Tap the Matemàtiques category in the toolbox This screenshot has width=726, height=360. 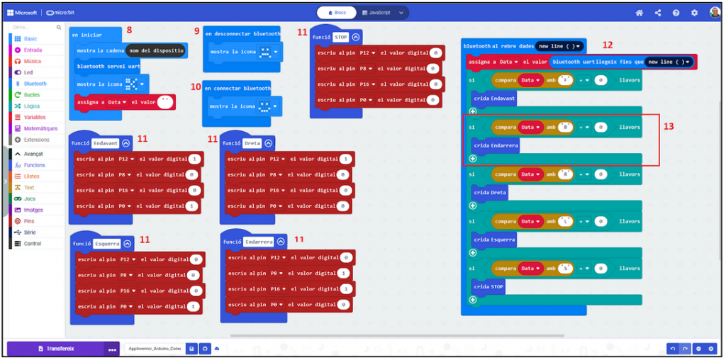pyautogui.click(x=40, y=128)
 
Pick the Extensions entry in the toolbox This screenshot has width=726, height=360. pyautogui.click(x=36, y=140)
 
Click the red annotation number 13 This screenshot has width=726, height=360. pyautogui.click(x=667, y=126)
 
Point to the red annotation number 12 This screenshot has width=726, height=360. pyautogui.click(x=608, y=45)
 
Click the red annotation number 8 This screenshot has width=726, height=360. pyautogui.click(x=129, y=30)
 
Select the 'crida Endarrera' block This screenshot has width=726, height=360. pyautogui.click(x=496, y=145)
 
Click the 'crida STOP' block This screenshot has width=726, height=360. pyautogui.click(x=488, y=286)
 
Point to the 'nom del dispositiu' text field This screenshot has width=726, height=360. pyautogui.click(x=157, y=50)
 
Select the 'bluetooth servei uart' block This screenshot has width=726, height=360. pyautogui.click(x=108, y=67)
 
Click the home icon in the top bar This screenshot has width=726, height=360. pyautogui.click(x=640, y=13)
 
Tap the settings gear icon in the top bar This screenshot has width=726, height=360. pyautogui.click(x=694, y=13)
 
